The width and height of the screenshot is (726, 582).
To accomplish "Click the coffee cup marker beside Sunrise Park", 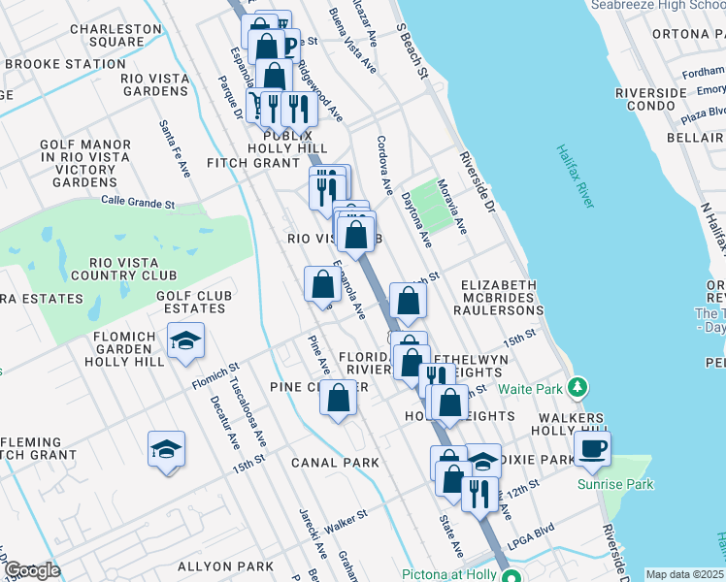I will [x=592, y=448].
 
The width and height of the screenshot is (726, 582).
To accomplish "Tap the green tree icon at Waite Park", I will [x=577, y=388].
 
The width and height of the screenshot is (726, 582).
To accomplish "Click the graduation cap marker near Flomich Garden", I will [x=185, y=340].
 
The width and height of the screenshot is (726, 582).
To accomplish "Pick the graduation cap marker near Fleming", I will [x=166, y=449].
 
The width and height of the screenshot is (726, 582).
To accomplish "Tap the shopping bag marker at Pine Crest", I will [x=338, y=399].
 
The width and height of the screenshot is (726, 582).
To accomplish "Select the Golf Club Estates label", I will [x=191, y=302].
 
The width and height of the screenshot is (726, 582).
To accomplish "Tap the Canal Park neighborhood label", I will [x=336, y=463].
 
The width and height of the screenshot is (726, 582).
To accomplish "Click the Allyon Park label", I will [x=226, y=566].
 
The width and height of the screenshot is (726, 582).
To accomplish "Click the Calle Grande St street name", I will [x=138, y=204].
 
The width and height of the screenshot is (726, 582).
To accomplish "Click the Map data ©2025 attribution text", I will [x=684, y=574].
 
